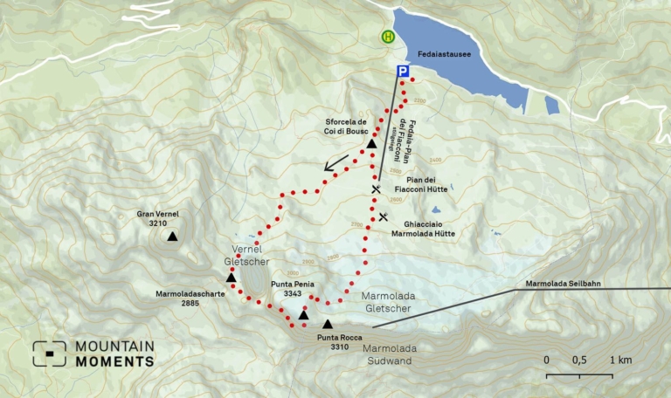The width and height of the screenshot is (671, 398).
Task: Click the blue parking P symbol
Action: click(402, 72)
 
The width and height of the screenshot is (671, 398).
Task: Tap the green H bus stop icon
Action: click(386, 37)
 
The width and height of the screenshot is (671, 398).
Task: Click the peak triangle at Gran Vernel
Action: click(173, 236)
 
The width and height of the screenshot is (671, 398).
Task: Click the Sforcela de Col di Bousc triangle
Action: click(371, 143)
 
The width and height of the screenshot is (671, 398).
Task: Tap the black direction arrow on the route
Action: click(336, 163)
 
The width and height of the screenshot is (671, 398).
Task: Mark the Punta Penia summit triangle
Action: click(303, 314)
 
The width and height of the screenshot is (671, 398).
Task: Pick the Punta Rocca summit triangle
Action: click(328, 324)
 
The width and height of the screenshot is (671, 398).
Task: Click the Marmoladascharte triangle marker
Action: click(232, 278)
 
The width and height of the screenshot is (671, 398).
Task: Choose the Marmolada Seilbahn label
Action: click(564, 284)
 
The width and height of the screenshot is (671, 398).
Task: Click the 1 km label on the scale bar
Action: click(620, 360)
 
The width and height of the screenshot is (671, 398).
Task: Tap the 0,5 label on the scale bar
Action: click(579, 360)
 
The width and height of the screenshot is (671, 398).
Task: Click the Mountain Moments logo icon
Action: click(50, 353)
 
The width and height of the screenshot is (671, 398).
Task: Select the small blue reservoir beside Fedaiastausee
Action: click(551, 106)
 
